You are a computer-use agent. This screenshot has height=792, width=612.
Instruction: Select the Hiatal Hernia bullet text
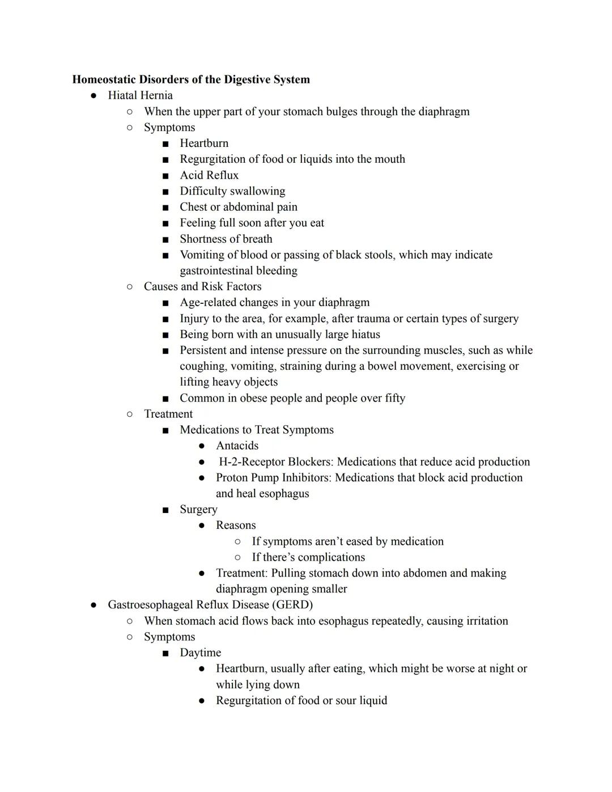(x=140, y=95)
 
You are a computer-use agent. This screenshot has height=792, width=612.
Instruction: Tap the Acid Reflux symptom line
(x=209, y=175)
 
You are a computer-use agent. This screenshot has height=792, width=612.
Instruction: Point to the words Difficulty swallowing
(x=232, y=191)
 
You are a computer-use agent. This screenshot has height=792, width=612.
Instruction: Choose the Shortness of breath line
(x=226, y=239)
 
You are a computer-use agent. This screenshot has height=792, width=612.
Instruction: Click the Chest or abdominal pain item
(x=238, y=207)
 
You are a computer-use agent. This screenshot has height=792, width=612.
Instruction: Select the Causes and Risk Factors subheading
(x=202, y=286)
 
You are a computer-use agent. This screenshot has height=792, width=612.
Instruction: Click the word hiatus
(x=365, y=334)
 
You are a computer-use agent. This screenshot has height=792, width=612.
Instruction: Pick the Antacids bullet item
(x=237, y=446)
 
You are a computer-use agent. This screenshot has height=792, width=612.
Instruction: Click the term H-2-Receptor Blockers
(x=275, y=461)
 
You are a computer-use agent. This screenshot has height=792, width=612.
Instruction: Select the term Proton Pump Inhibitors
(x=273, y=477)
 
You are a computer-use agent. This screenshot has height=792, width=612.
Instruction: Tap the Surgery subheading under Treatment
(x=198, y=509)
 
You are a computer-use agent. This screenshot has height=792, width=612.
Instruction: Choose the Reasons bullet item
(x=236, y=525)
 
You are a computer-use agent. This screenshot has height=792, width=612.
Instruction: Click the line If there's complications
(x=308, y=557)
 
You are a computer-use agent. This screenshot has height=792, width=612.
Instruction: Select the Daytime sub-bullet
(x=200, y=653)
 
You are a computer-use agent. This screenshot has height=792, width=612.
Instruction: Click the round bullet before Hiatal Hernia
(x=93, y=96)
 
